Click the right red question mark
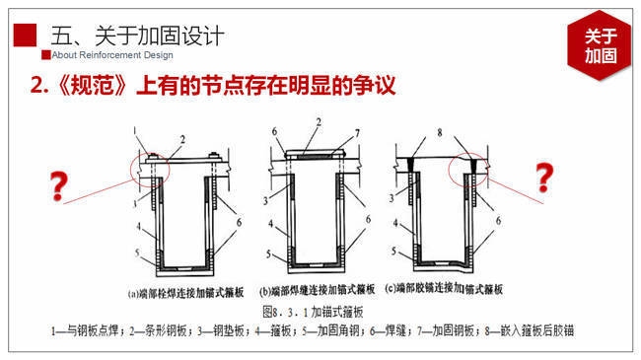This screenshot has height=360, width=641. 542,179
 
